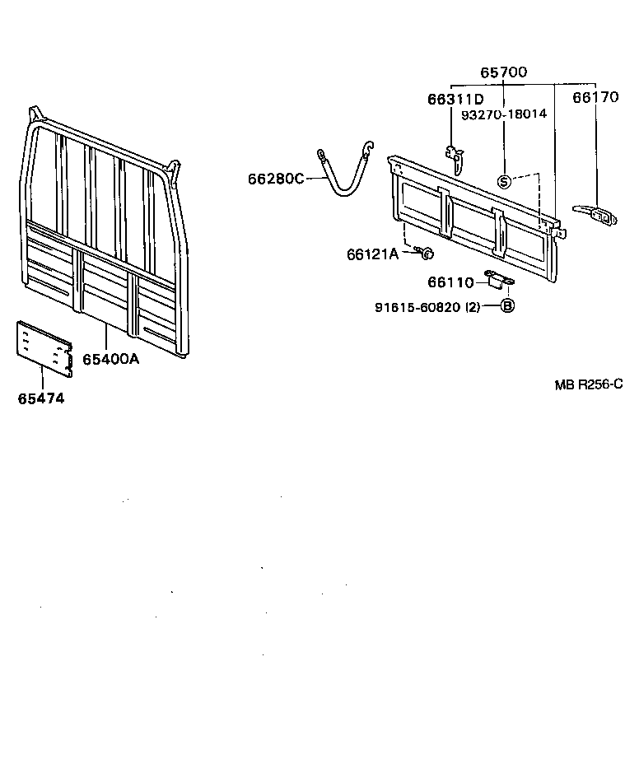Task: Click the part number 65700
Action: pos(504,72)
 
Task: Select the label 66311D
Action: pos(455,100)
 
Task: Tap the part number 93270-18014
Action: pos(504,114)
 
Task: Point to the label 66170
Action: pos(595,98)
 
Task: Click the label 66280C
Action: pos(276,179)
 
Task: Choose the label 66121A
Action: pos(372,254)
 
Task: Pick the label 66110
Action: pos(450,282)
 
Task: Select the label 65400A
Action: pos(110,359)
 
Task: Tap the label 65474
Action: pos(41,398)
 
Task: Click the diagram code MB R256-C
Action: pos(588,384)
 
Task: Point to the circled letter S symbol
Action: pos(504,181)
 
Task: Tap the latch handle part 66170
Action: pos(595,215)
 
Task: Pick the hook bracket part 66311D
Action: pos(454,156)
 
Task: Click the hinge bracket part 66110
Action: pos(498,281)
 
